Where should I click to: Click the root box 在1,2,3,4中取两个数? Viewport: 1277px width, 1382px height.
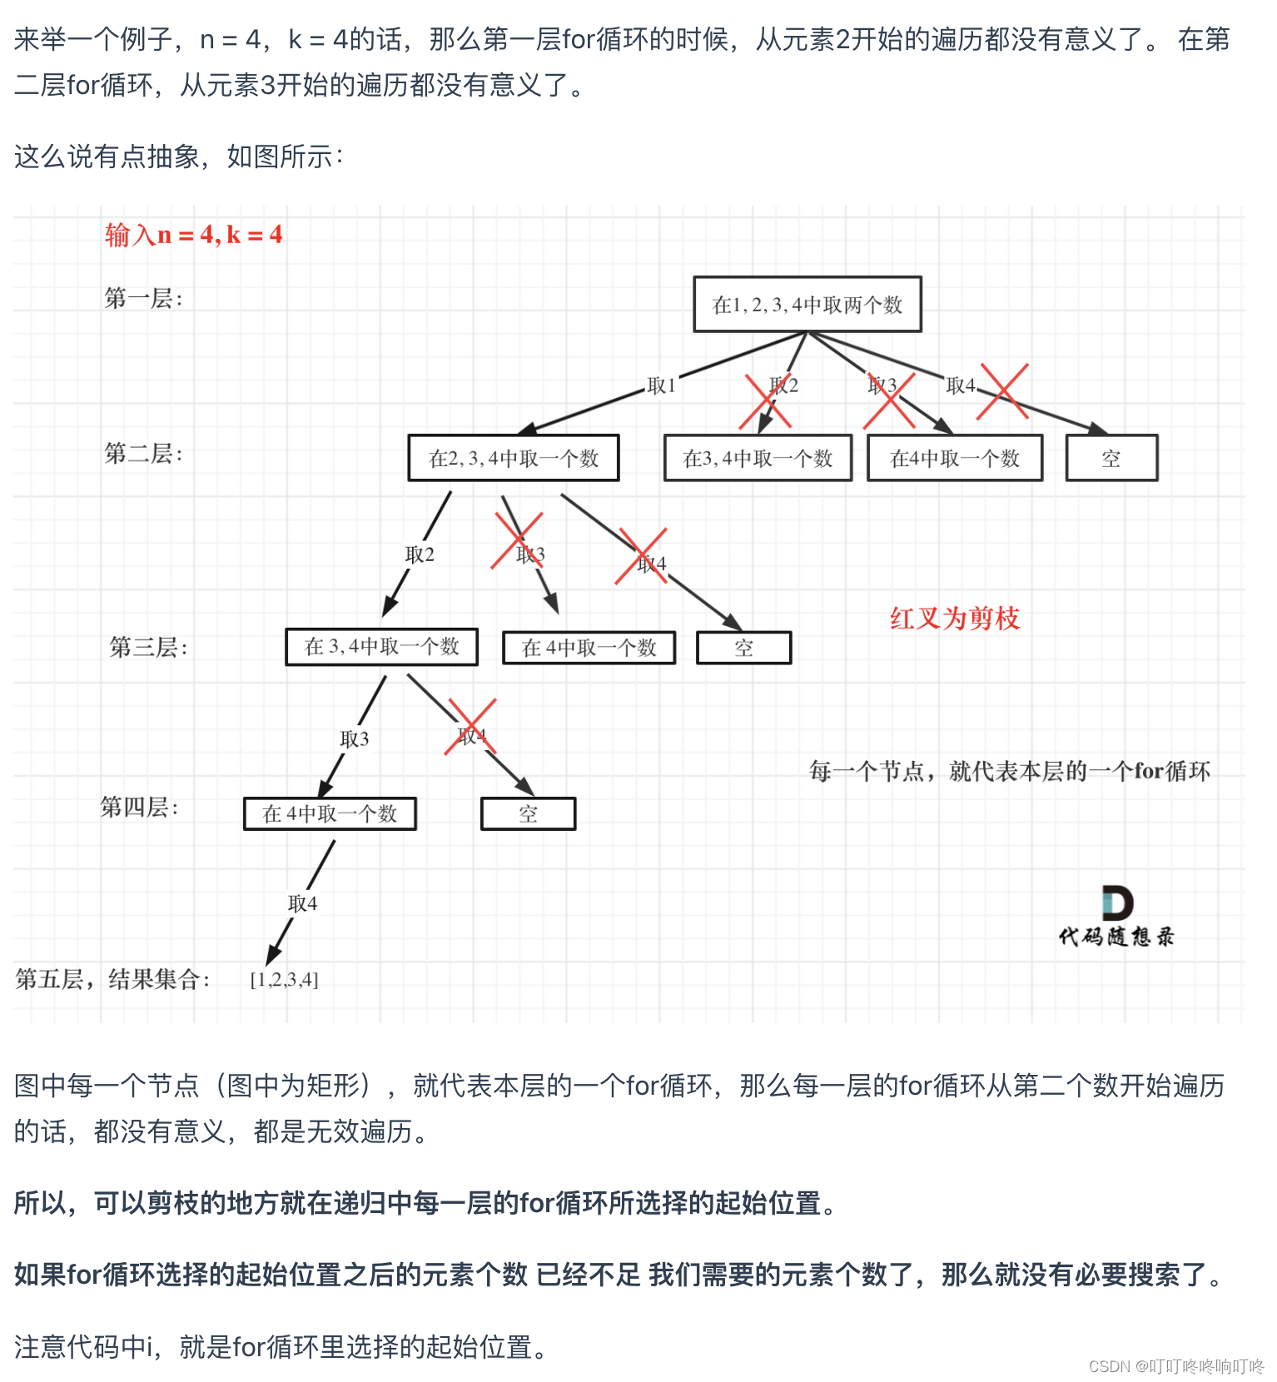807,305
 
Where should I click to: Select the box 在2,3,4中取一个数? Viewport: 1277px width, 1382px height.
513,458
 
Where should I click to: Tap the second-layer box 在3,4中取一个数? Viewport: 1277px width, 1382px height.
758,458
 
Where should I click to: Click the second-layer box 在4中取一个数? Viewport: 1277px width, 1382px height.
954,458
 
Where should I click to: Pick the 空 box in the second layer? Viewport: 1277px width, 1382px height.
1111,458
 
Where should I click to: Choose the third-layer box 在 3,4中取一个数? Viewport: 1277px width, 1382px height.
381,647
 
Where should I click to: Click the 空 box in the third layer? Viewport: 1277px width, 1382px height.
743,648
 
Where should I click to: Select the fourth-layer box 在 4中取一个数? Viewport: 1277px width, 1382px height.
330,813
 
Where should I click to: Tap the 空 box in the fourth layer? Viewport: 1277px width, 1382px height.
528,813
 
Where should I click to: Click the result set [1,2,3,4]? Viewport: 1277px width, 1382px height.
284,979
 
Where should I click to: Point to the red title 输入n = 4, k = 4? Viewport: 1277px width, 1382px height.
193,235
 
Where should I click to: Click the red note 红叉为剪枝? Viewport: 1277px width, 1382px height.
955,618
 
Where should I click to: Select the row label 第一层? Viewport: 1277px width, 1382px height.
142,298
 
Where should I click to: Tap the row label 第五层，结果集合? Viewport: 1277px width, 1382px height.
112,979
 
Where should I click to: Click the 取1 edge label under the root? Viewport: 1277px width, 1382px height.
661,385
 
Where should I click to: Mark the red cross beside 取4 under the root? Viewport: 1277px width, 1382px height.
1002,391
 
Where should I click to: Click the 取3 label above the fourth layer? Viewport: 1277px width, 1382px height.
354,738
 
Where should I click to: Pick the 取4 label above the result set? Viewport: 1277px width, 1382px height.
302,903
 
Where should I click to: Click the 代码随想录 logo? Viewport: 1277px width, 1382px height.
1116,917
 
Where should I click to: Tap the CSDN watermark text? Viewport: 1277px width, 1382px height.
1175,1366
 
